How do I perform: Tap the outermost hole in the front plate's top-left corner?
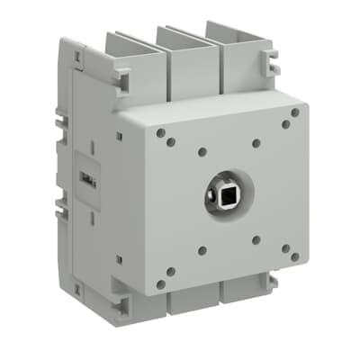pos(160,132)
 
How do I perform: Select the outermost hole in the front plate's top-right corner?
pos(294,112)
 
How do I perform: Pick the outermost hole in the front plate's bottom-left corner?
pos(161,283)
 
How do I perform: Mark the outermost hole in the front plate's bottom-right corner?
pos(296,259)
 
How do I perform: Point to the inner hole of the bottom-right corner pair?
pos(284,249)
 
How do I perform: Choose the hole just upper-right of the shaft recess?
pos(256,142)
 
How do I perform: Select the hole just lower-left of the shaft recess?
pos(202,251)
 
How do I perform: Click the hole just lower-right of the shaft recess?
pos(256,240)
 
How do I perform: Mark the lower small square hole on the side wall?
pos(119,260)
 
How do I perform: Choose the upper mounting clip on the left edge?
pos(60,117)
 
